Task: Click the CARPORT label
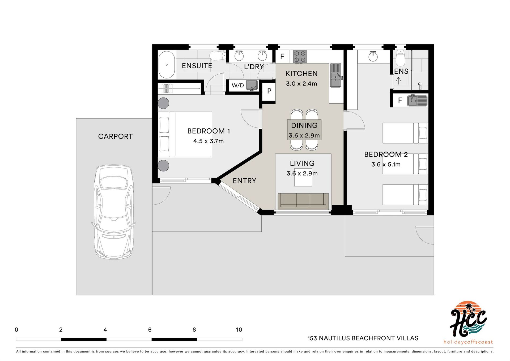pyautogui.click(x=115, y=136)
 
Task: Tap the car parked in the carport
pyautogui.click(x=114, y=212)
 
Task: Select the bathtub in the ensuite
pyautogui.click(x=167, y=65)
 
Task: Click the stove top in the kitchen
pyautogui.click(x=300, y=57)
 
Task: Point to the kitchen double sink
pyautogui.click(x=336, y=75)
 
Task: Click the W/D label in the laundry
pyautogui.click(x=238, y=85)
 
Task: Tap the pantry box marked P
pyautogui.click(x=269, y=91)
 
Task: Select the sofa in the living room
pyautogui.click(x=303, y=201)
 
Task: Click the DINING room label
pyautogui.click(x=304, y=125)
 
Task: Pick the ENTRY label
pyautogui.click(x=244, y=181)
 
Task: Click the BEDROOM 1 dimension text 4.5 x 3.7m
pyautogui.click(x=209, y=141)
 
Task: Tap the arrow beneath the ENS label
pyautogui.click(x=398, y=80)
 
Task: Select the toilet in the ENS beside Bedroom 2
pyautogui.click(x=400, y=58)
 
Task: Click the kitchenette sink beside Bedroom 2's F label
pyautogui.click(x=417, y=100)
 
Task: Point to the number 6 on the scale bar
pyautogui.click(x=150, y=330)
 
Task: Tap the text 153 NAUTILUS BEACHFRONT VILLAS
pyautogui.click(x=363, y=338)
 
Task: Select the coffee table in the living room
pyautogui.click(x=303, y=177)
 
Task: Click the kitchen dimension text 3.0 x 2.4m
pyautogui.click(x=301, y=84)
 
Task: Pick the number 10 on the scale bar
pyautogui.click(x=239, y=330)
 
